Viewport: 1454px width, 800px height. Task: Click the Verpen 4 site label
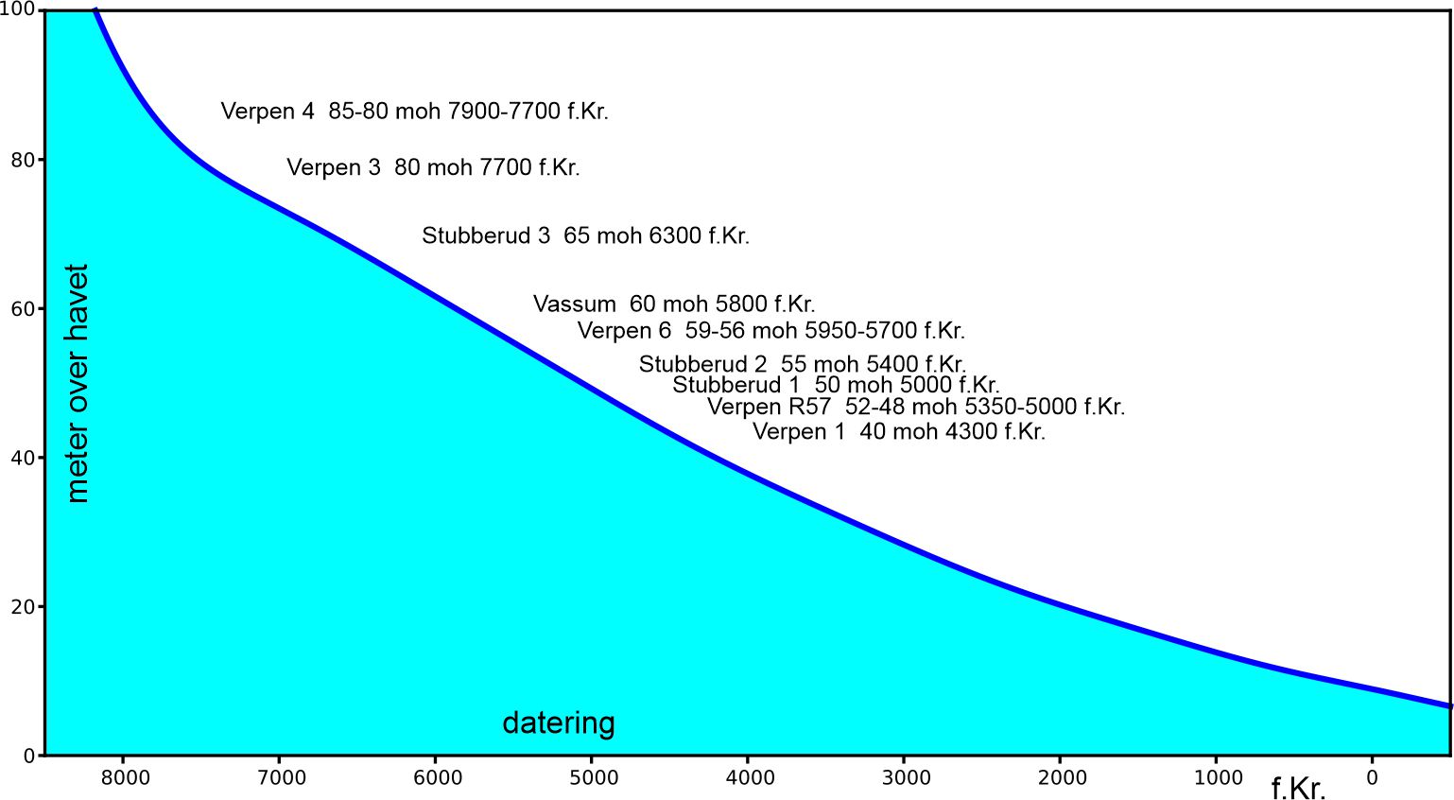coord(414,112)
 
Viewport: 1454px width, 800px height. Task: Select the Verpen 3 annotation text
coord(433,167)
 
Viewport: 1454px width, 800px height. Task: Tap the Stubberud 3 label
coord(585,235)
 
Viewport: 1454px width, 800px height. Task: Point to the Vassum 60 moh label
coord(673,304)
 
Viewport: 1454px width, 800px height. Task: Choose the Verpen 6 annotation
coord(770,331)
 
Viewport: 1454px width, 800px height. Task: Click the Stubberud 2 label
coord(802,364)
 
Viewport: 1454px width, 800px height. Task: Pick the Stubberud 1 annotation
coord(836,385)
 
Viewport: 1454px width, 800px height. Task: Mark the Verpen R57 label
coord(915,407)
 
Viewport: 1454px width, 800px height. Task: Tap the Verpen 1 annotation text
coord(898,432)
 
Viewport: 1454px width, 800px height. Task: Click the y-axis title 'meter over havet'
coord(78,383)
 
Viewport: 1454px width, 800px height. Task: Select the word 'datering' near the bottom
coord(558,723)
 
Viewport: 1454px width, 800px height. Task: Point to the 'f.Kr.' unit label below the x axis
coord(1298,788)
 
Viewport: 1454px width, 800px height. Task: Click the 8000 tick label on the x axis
coord(126,778)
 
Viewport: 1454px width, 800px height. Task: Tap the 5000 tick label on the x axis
coord(595,778)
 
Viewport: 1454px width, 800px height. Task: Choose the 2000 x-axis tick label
coord(1063,778)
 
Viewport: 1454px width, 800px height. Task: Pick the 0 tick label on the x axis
coord(1372,778)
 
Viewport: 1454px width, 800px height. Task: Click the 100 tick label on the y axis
coord(18,9)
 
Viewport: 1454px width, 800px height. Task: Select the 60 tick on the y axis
coord(23,309)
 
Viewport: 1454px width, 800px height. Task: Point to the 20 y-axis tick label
coord(23,607)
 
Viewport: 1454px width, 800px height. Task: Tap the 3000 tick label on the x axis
coord(907,778)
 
